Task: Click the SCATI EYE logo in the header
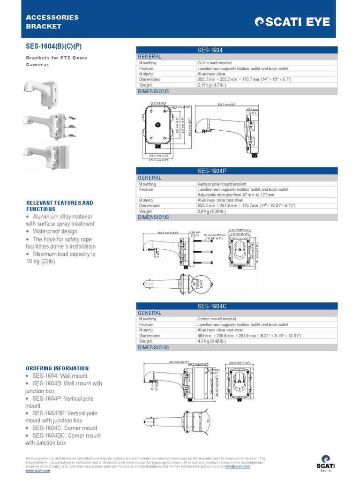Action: [292, 22]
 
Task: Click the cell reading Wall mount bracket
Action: [215, 63]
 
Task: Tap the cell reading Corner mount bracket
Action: [217, 319]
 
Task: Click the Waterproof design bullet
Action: [55, 232]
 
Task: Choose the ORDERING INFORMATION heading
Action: [57, 368]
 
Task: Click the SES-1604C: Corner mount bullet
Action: [64, 428]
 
